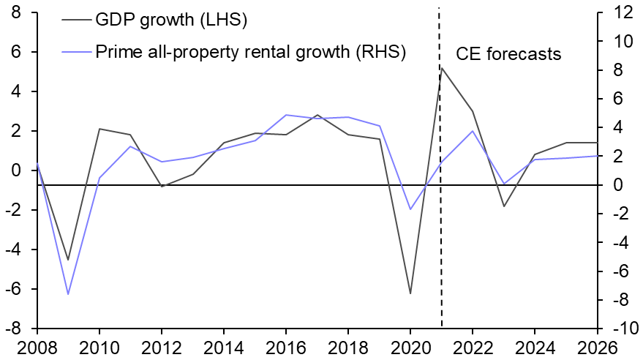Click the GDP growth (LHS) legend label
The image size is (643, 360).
(x=172, y=20)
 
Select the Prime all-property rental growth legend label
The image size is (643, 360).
(x=251, y=52)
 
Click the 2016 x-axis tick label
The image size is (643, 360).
(x=286, y=345)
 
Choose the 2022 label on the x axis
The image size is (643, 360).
(x=473, y=345)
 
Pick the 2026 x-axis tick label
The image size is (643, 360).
(x=597, y=345)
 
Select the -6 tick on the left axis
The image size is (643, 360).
(x=12, y=289)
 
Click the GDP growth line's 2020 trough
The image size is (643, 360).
(x=410, y=293)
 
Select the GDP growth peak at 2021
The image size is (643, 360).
(x=442, y=68)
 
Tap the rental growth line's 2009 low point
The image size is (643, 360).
(x=68, y=294)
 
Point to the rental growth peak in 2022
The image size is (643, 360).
(x=473, y=131)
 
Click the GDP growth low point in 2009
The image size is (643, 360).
(x=68, y=260)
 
